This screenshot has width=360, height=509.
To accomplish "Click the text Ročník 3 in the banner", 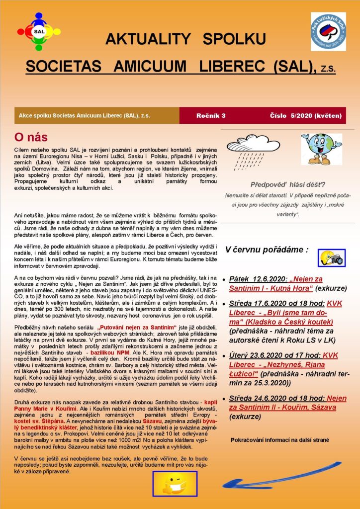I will click(x=211, y=116).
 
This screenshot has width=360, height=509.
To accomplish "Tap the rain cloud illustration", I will click(x=254, y=150).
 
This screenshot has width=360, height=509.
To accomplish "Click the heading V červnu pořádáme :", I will click(x=267, y=249).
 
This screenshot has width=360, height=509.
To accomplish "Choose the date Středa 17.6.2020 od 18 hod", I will click(x=276, y=303).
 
